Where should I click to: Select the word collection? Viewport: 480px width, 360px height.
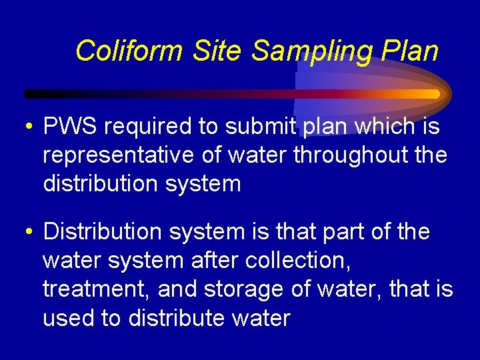pos(297,261)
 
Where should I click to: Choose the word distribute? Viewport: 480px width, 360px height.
pos(175,318)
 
